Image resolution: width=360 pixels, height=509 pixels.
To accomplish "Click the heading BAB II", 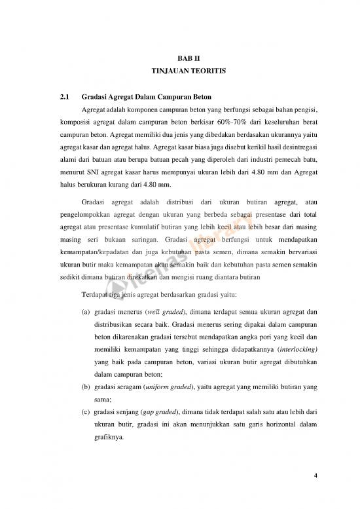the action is (x=180, y=60).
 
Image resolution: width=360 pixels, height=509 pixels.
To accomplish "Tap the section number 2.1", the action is (x=65, y=97).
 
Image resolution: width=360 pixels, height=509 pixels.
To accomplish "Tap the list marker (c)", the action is (x=86, y=413).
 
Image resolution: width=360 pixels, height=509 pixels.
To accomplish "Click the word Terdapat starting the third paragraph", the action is (x=96, y=293).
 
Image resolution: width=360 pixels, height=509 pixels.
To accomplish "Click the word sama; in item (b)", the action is (x=103, y=400).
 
